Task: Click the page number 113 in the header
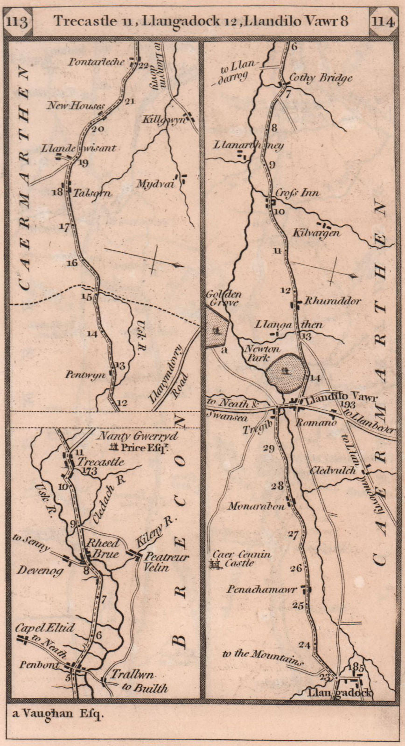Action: click(18, 21)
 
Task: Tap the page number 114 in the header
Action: click(384, 21)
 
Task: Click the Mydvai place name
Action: click(154, 184)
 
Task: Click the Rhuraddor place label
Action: click(332, 301)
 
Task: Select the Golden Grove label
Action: click(222, 298)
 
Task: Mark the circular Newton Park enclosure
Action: click(286, 371)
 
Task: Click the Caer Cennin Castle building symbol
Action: click(215, 565)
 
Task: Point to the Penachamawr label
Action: click(262, 589)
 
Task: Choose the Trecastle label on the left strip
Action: click(101, 462)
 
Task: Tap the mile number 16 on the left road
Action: click(71, 263)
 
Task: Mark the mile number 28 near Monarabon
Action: click(277, 486)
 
